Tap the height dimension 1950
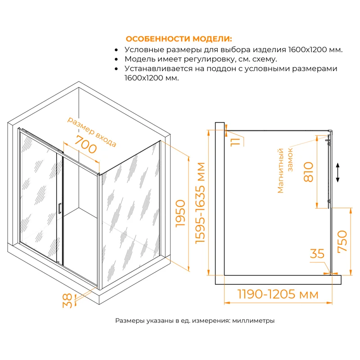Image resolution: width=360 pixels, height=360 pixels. (x=180, y=214)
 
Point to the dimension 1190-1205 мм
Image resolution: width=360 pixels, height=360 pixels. (x=271, y=295)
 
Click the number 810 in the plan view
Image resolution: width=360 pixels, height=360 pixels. (x=309, y=171)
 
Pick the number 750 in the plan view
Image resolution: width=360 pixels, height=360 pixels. (x=342, y=241)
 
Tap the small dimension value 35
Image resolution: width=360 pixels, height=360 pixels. (x=317, y=254)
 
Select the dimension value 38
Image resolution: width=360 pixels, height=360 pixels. (x=67, y=301)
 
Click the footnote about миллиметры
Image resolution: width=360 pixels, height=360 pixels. (x=195, y=321)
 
